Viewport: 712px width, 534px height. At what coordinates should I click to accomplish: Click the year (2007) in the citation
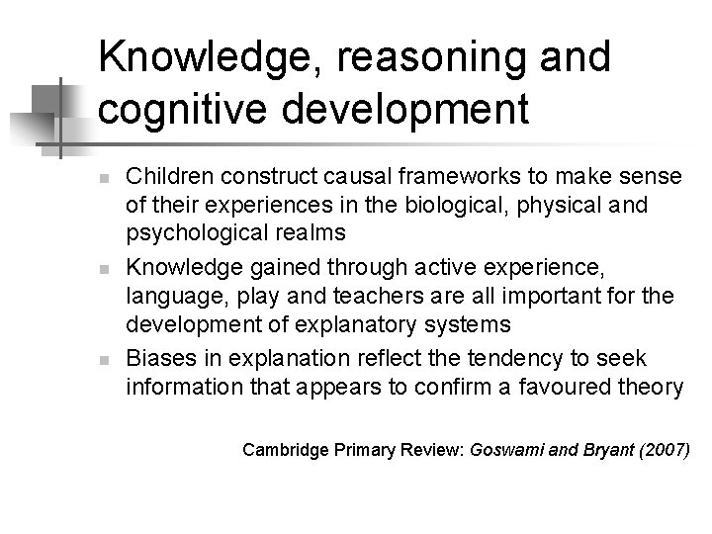pyautogui.click(x=665, y=449)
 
